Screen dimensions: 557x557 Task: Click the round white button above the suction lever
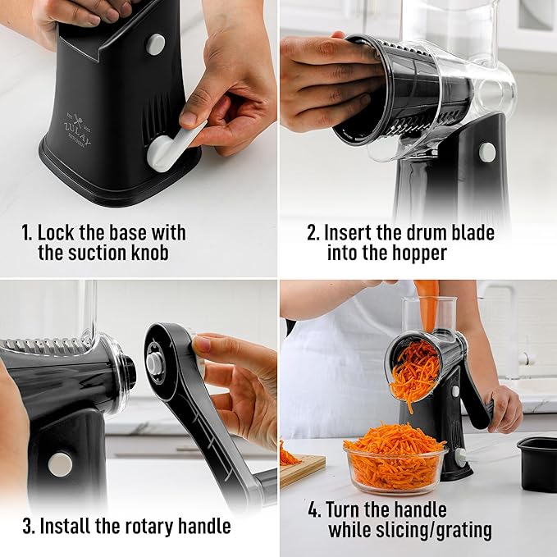(x=155, y=44)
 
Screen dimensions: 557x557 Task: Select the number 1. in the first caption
(x=26, y=233)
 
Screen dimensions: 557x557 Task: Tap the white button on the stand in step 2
(x=487, y=152)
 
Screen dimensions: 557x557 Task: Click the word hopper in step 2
(x=418, y=253)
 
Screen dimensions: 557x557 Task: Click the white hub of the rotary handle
(x=154, y=362)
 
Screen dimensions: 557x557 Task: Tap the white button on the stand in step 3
(x=60, y=464)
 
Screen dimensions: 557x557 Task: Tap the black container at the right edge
(x=537, y=463)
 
